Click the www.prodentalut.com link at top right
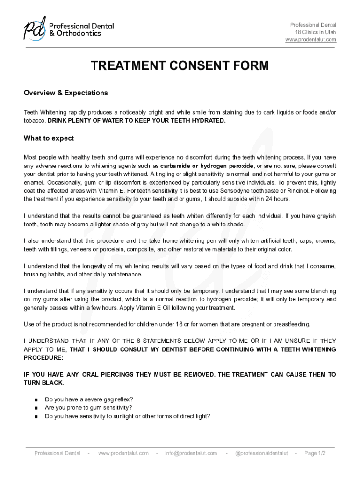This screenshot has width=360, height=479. tap(310, 40)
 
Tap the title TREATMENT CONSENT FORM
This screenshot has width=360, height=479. tap(180, 66)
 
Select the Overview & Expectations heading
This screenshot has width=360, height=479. tap(66, 93)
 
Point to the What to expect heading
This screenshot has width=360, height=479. tap(49, 138)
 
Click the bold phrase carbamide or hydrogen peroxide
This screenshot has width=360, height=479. tap(207, 166)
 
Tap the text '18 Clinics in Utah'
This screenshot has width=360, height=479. tap(315, 32)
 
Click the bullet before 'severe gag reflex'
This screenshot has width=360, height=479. tap(36, 399)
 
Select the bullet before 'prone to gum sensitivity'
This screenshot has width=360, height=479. tap(36, 407)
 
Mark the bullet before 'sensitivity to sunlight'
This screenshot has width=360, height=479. tap(36, 416)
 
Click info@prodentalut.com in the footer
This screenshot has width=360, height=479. tap(191, 453)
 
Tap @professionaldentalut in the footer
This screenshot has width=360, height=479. tap(261, 453)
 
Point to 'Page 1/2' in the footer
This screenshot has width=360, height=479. tap(315, 453)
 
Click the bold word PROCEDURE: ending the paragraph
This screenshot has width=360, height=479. tap(43, 358)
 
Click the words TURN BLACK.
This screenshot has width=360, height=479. tap(43, 383)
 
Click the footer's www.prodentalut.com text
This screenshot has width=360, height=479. tap(123, 453)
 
